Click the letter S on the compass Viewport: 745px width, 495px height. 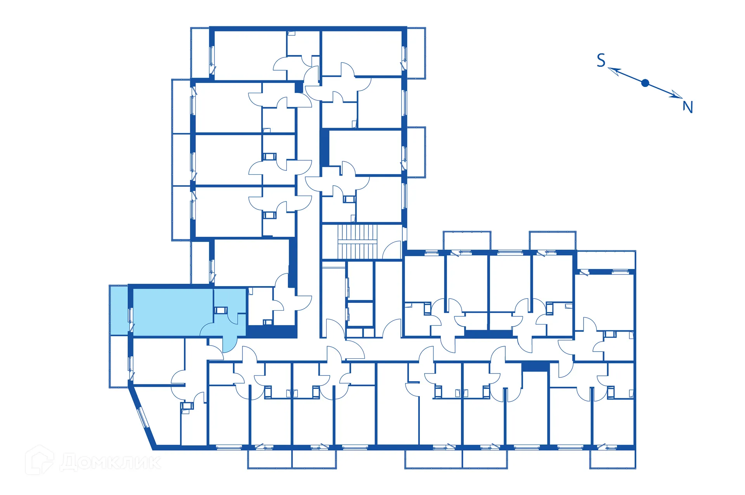[x=601, y=61]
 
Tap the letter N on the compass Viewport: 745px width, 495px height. [x=688, y=107]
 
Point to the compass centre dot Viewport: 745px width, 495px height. [x=645, y=83]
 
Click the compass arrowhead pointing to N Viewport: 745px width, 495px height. [x=677, y=96]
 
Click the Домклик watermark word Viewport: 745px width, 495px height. [x=111, y=462]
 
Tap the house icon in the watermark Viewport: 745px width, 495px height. [x=39, y=460]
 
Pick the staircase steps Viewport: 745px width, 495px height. [x=357, y=241]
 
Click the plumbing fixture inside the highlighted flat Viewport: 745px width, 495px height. [x=220, y=310]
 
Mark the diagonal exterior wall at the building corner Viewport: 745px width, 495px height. [x=143, y=417]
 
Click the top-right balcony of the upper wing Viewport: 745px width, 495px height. [x=416, y=53]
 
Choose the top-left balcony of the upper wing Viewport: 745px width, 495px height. [x=200, y=53]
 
